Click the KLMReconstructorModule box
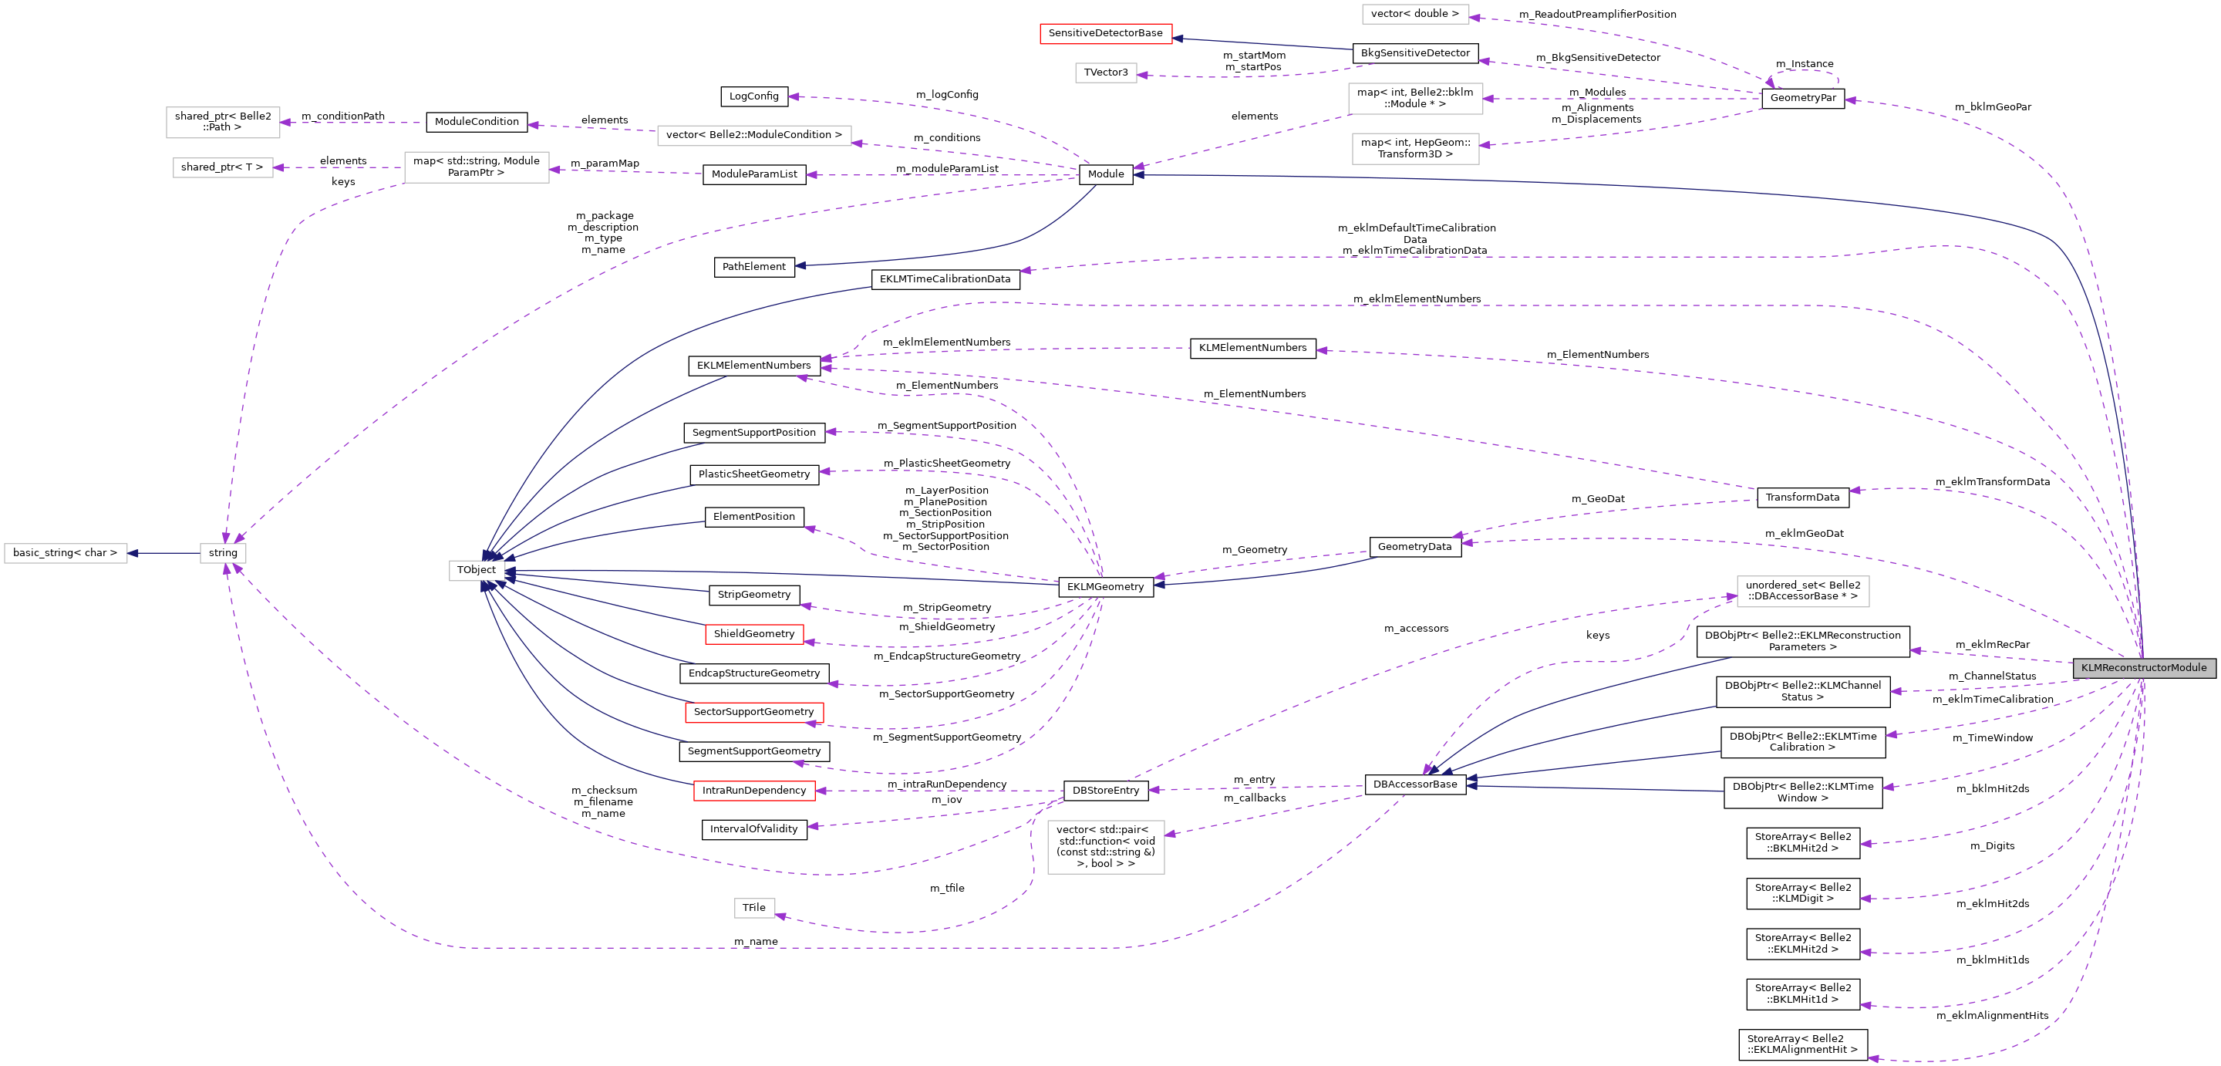pyautogui.click(x=2143, y=667)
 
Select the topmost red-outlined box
pyautogui.click(x=1105, y=34)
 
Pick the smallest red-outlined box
pyautogui.click(x=753, y=635)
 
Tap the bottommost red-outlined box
pyautogui.click(x=753, y=791)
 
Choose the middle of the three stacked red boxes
pyautogui.click(x=753, y=713)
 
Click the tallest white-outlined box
pyautogui.click(x=1105, y=847)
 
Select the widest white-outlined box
pyautogui.click(x=753, y=136)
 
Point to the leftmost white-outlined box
pyautogui.click(x=66, y=553)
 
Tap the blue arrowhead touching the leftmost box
pyautogui.click(x=133, y=553)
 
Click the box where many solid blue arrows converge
pyautogui.click(x=477, y=570)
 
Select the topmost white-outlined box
pyautogui.click(x=1415, y=14)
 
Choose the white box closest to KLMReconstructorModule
pyautogui.click(x=1802, y=592)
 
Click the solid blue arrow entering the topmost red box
pyautogui.click(x=1263, y=43)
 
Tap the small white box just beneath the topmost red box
pyautogui.click(x=1105, y=73)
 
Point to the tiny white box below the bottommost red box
pyautogui.click(x=754, y=908)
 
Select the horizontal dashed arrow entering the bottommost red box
pyautogui.click(x=940, y=790)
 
